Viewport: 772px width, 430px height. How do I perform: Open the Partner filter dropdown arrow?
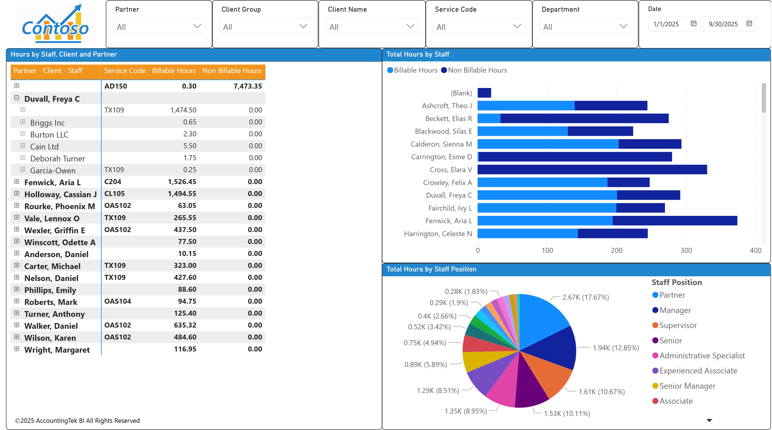[197, 26]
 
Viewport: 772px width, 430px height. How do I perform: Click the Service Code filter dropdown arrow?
[517, 26]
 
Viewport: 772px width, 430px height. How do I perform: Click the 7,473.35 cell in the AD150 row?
[248, 86]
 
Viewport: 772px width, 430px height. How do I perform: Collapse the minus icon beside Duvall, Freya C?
[17, 98]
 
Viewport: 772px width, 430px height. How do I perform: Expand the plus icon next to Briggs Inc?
[23, 122]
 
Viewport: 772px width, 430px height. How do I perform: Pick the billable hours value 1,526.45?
[182, 182]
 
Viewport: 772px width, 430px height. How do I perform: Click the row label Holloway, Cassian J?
[60, 195]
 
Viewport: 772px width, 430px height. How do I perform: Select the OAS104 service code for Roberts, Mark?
[117, 301]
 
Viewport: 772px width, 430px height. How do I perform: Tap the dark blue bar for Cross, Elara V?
[592, 170]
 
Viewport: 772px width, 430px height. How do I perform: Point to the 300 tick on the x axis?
[686, 250]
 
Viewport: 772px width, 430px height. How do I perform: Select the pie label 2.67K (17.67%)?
[585, 297]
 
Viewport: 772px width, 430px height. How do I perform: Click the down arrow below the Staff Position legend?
[709, 420]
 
